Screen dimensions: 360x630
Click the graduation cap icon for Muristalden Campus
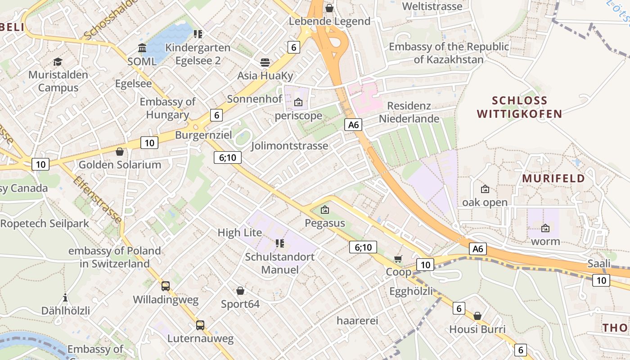point(58,62)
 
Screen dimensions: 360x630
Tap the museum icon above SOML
point(142,48)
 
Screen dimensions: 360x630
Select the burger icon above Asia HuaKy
point(265,62)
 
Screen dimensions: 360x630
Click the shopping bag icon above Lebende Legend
point(329,8)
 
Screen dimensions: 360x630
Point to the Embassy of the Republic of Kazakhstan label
point(449,53)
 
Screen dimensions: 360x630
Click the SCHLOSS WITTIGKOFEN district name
point(519,107)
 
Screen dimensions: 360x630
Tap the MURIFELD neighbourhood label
point(553,178)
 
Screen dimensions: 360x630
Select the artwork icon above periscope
point(298,103)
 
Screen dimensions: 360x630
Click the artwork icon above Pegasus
point(325,210)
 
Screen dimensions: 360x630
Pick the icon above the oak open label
point(485,189)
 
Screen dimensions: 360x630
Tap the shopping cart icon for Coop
point(398,258)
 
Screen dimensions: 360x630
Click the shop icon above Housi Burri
point(477,316)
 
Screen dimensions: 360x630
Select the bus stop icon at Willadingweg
point(166,286)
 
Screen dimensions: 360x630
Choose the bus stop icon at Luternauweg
point(200,325)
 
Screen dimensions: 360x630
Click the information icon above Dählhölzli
point(66,297)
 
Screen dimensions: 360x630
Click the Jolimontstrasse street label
point(289,146)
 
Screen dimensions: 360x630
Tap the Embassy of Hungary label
point(167,108)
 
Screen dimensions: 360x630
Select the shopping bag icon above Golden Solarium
point(120,152)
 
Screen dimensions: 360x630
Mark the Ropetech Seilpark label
point(45,223)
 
